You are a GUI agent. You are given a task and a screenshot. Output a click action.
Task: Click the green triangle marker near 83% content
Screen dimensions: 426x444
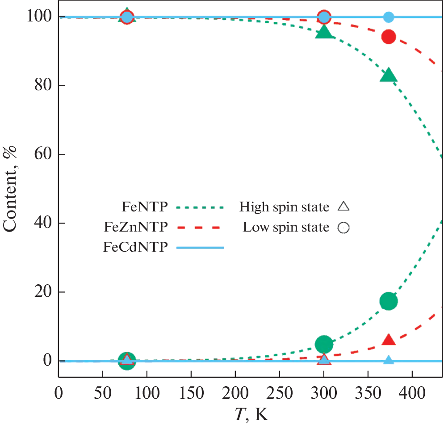[389, 76]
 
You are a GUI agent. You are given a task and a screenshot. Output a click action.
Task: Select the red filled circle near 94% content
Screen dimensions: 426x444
[389, 37]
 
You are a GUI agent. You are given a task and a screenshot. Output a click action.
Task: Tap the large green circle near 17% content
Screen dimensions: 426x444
[389, 301]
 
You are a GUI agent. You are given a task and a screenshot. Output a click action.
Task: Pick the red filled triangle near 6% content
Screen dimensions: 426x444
[389, 340]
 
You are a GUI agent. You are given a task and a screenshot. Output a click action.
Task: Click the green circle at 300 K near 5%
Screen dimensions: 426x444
[324, 344]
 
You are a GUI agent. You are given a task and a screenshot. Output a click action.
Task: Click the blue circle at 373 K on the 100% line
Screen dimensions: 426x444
[389, 17]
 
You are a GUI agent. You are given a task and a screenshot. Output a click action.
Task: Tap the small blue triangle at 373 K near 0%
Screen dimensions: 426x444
[389, 360]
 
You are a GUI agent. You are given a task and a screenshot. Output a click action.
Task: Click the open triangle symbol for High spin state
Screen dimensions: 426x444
[343, 207]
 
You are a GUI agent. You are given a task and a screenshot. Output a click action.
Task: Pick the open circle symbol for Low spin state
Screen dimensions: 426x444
[343, 228]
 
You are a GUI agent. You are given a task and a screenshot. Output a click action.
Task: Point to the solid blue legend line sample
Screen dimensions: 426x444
[200, 247]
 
